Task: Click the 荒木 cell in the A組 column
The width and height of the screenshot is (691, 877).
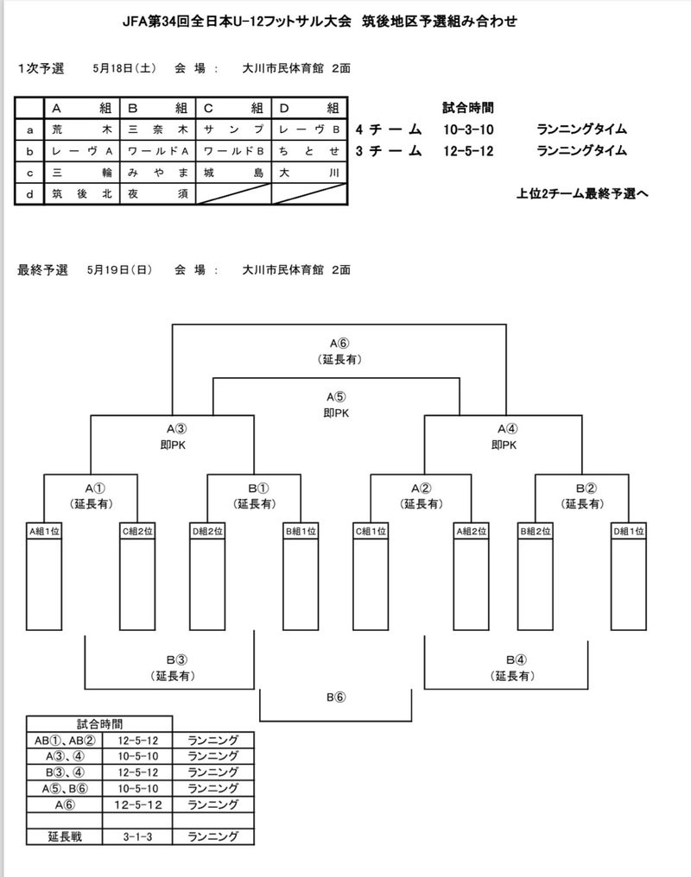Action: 83,129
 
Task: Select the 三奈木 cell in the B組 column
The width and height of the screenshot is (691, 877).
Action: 158,129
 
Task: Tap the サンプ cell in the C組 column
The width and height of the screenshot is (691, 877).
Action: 233,129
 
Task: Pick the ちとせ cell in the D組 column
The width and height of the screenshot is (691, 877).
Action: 308,151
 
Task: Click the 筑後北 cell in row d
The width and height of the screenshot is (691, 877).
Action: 83,194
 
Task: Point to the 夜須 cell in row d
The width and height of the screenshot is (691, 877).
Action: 158,194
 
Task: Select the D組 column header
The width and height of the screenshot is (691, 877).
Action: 308,109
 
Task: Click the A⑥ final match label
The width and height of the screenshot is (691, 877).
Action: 338,342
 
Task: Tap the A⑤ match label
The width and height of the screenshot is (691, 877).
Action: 338,396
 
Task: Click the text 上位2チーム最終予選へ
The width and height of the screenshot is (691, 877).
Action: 581,194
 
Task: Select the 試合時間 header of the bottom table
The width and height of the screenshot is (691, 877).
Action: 99,723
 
